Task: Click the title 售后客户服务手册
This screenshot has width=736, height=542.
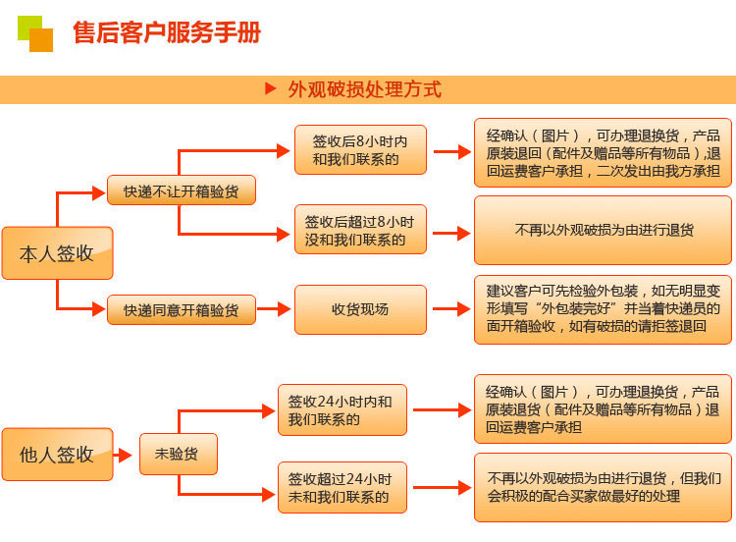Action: pos(167,32)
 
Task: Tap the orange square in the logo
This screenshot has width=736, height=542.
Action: pos(41,40)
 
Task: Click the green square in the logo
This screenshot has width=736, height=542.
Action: pos(29,27)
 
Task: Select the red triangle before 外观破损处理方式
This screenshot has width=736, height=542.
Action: pos(271,88)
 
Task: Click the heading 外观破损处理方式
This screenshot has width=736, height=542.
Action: pos(365,89)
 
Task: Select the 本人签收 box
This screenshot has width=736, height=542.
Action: pos(57,253)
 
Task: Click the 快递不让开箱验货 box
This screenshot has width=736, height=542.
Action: pos(182,190)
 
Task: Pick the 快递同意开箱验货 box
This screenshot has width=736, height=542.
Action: pos(182,309)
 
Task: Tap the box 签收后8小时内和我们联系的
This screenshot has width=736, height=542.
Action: pos(360,150)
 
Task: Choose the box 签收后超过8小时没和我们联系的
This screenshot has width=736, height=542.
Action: pos(360,230)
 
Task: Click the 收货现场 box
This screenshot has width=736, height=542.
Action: pos(360,309)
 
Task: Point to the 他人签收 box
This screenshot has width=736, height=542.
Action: pos(57,455)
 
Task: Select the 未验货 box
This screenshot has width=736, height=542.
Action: pos(179,454)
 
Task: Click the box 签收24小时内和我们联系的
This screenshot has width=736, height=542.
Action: pos(342,410)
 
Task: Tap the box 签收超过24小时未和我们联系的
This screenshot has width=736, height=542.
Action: pos(342,488)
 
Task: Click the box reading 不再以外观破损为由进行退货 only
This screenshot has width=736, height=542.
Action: pos(603,230)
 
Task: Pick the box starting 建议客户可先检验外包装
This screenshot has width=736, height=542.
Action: pos(603,309)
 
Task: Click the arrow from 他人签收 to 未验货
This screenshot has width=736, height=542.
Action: pos(123,455)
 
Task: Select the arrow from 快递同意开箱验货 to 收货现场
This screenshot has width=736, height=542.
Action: pos(274,309)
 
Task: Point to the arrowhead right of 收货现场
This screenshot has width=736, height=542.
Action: pos(464,309)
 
